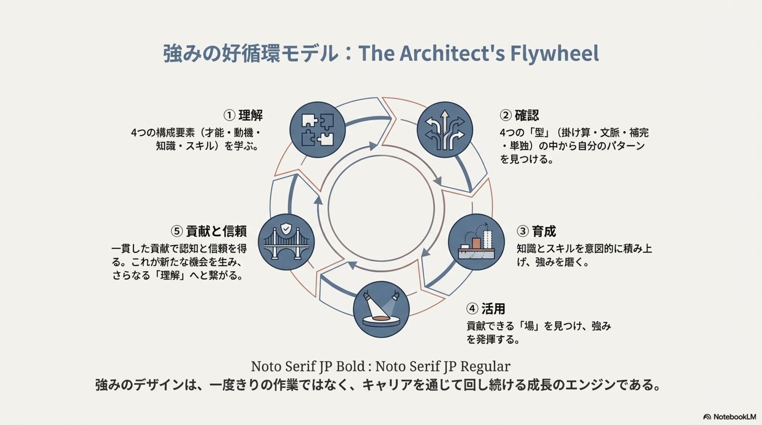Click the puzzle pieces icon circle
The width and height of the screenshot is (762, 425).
317,130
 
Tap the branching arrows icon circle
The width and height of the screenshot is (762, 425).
444,130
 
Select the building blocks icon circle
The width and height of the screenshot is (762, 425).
476,242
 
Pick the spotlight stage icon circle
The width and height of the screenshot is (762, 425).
381,309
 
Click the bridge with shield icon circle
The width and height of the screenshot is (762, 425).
286,242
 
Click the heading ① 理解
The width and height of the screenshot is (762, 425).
243,115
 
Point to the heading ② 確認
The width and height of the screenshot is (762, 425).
519,115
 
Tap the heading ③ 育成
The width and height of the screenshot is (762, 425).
536,231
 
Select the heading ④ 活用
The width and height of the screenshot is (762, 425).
485,308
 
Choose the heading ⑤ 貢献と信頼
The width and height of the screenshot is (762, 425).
209,231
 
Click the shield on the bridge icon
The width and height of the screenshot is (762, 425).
285,229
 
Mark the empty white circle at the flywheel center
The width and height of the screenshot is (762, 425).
381,208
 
